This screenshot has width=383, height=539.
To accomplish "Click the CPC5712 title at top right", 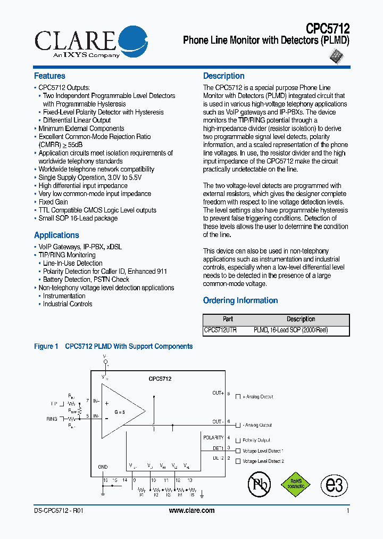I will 327,28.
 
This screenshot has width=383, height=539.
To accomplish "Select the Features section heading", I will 49,76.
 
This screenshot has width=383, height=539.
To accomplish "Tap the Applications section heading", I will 56,235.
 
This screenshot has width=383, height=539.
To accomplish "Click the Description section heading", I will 223,76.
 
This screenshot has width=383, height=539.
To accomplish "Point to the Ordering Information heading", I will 240,300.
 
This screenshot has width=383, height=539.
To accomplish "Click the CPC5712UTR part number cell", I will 220,330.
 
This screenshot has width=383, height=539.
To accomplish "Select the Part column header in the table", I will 228,320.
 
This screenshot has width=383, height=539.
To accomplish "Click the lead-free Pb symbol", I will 259,484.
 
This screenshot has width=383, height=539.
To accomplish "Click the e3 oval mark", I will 334,485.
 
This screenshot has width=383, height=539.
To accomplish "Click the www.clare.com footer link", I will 191,510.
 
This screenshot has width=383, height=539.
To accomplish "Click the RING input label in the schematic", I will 52,419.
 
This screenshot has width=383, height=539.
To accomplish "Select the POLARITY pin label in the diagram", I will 213,438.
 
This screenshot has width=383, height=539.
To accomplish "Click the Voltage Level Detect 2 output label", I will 263,461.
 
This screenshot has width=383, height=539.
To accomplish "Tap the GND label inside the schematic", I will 103,467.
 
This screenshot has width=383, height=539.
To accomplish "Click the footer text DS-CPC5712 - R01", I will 58,510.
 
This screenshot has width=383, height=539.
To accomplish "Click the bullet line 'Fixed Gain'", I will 53,202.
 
